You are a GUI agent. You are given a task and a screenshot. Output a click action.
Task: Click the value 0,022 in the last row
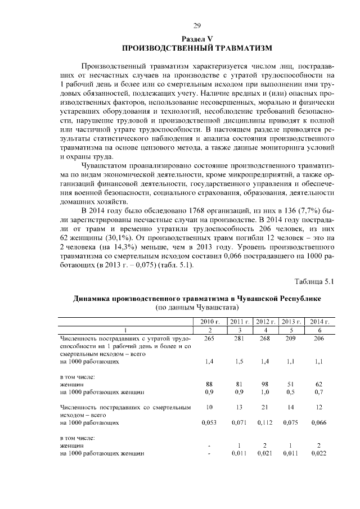coord(318,452)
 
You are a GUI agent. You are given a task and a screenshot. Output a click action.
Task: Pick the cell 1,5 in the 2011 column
coord(236,362)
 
